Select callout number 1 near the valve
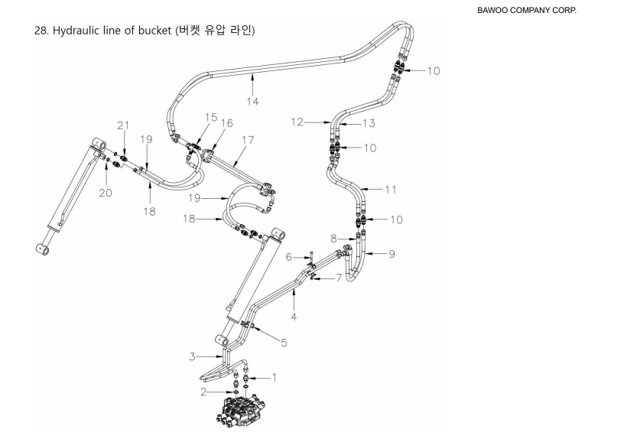274,377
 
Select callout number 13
369,122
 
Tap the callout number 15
210,117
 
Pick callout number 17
247,140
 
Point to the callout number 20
106,193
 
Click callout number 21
123,125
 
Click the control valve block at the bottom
241,409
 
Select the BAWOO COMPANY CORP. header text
526,10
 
